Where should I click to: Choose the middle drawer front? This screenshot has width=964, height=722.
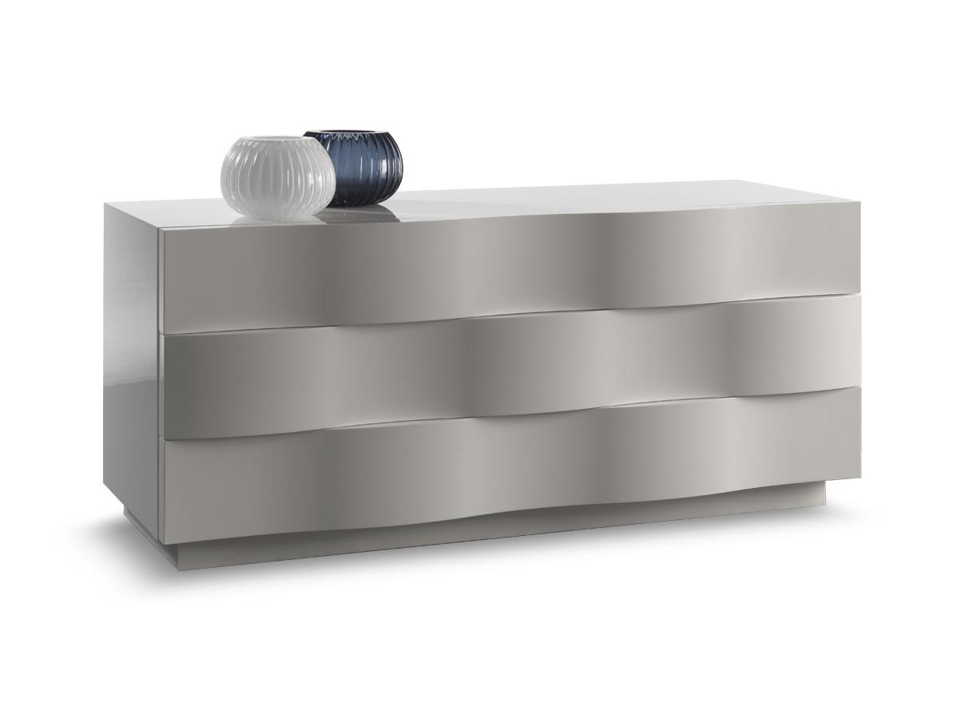[511, 363]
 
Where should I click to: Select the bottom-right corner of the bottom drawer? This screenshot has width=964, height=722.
[859, 478]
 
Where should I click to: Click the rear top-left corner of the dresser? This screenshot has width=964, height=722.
[105, 203]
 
